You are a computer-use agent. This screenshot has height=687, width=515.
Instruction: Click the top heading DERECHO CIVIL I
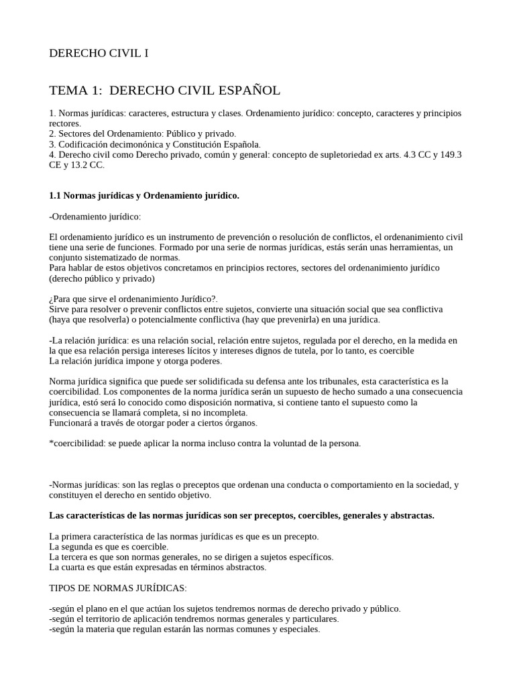[x=99, y=54]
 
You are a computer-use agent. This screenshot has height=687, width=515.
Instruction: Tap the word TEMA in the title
[x=70, y=91]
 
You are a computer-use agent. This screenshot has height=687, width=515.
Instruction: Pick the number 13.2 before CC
[x=84, y=164]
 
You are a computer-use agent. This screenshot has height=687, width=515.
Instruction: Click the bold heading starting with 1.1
[x=144, y=195]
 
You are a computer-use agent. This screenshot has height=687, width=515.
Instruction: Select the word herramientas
[x=406, y=248]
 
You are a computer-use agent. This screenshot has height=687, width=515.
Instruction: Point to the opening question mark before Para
[x=52, y=299]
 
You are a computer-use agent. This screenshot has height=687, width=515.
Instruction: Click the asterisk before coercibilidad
[x=52, y=443]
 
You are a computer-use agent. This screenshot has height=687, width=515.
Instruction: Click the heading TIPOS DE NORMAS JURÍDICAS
[x=117, y=588]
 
